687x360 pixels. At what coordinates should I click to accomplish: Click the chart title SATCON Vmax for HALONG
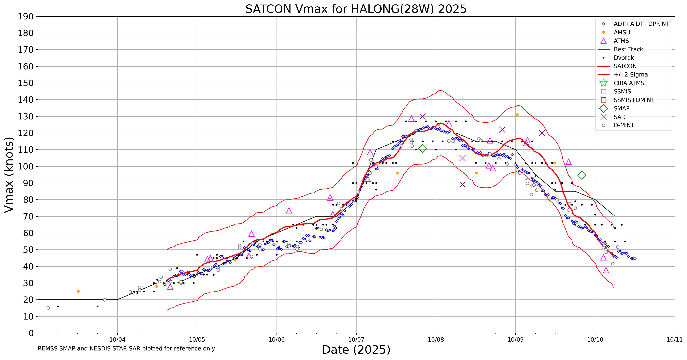click(x=356, y=9)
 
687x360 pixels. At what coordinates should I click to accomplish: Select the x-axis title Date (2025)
click(x=356, y=350)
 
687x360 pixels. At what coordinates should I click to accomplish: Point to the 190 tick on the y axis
click(x=26, y=17)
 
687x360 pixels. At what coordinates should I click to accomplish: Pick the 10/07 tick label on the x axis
click(x=356, y=340)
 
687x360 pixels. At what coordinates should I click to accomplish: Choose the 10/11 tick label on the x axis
click(x=675, y=340)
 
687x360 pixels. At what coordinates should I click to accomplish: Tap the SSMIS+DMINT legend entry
click(x=634, y=100)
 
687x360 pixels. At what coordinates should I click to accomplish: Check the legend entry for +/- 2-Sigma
click(x=630, y=75)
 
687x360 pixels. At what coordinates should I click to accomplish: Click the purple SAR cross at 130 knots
click(x=423, y=116)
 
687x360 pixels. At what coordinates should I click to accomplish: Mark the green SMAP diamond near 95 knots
click(x=582, y=175)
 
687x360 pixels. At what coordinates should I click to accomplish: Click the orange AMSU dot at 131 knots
click(x=517, y=115)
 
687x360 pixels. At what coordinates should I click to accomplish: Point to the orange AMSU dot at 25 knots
click(x=78, y=291)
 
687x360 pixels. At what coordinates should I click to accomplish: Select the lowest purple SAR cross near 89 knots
click(x=462, y=185)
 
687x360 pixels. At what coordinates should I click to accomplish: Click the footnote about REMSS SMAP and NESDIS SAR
click(x=126, y=348)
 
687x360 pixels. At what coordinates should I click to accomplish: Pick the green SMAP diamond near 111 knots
click(x=423, y=148)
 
